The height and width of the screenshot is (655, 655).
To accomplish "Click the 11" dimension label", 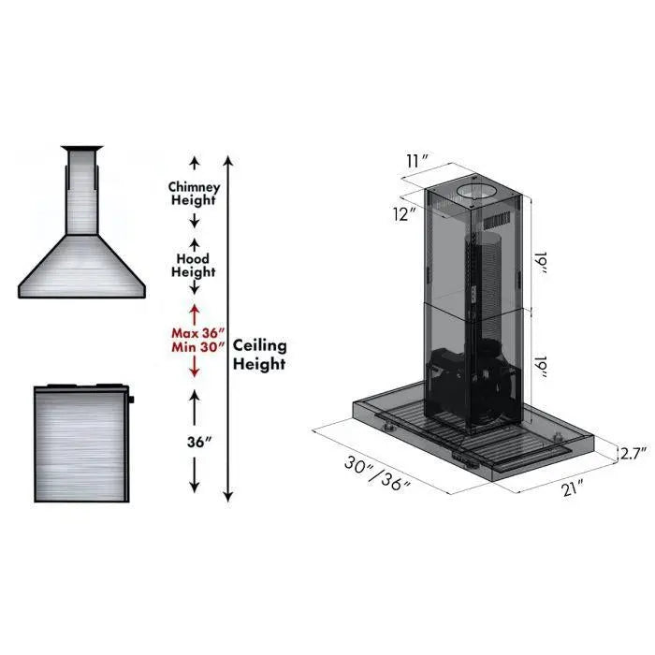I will coord(417,160).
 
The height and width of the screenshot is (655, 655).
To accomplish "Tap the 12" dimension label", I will coord(405,213).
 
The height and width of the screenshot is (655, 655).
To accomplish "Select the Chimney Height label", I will coord(194,193).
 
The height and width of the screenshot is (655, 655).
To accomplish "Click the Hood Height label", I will coord(194,265).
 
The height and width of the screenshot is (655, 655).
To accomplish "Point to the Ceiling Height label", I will coord(259,355).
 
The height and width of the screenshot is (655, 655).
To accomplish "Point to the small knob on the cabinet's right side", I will coord(133,400).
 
